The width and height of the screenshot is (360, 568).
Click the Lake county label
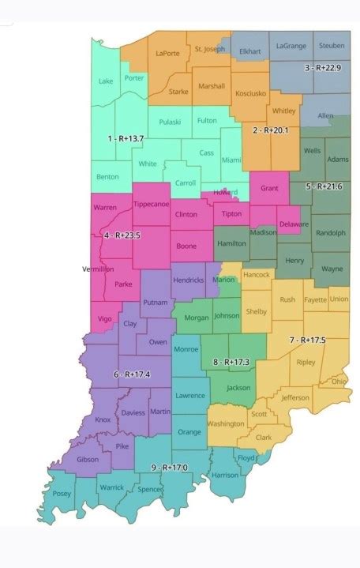[106, 81]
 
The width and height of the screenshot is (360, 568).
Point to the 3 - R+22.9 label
[324, 68]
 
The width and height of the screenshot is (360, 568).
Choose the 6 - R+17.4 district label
[132, 374]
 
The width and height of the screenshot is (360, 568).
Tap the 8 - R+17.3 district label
[231, 362]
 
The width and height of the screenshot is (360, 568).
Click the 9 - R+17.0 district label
[169, 468]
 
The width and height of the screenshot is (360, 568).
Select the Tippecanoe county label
[150, 204]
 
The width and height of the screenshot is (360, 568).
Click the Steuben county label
[331, 46]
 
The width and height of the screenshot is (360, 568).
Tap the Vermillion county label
[98, 269]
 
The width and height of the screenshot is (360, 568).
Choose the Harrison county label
[225, 476]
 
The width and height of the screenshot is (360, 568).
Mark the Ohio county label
[338, 381]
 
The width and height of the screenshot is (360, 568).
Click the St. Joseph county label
[209, 49]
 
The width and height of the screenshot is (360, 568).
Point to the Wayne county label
[330, 269]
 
